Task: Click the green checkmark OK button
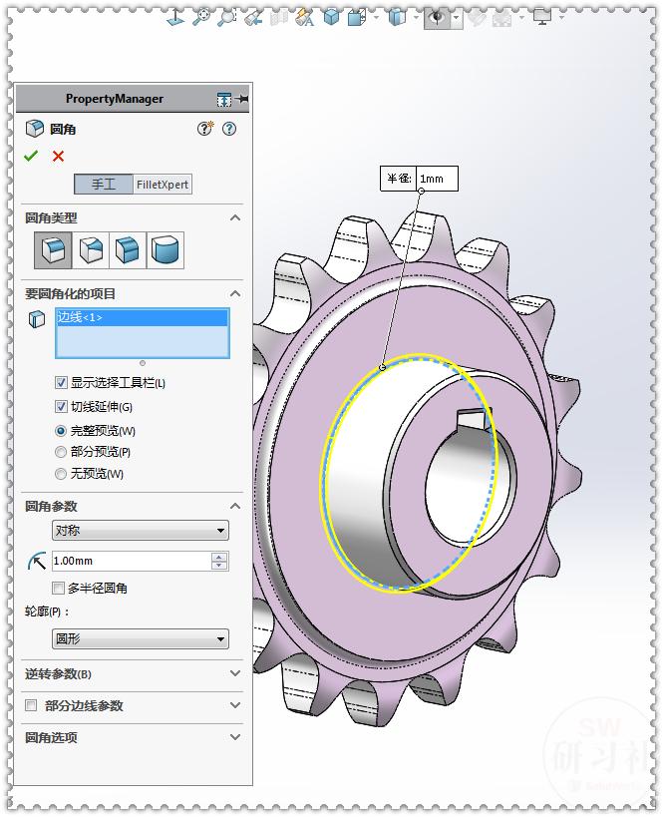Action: pyautogui.click(x=31, y=156)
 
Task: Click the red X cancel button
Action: pyautogui.click(x=58, y=156)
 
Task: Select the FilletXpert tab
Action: pyautogui.click(x=163, y=185)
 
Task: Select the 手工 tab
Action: pyautogui.click(x=104, y=185)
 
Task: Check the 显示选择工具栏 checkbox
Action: pyautogui.click(x=62, y=383)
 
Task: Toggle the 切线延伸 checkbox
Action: pyautogui.click(x=62, y=407)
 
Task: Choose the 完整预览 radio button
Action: pyautogui.click(x=62, y=431)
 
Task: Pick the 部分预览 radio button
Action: pyautogui.click(x=62, y=452)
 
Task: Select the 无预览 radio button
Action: pyautogui.click(x=62, y=474)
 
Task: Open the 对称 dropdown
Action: pyautogui.click(x=140, y=531)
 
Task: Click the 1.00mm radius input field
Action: pyautogui.click(x=130, y=562)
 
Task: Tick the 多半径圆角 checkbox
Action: pyautogui.click(x=59, y=589)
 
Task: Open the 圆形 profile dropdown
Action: pyautogui.click(x=140, y=638)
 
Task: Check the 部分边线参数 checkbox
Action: pyautogui.click(x=31, y=706)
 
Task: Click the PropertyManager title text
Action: pyautogui.click(x=114, y=99)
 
